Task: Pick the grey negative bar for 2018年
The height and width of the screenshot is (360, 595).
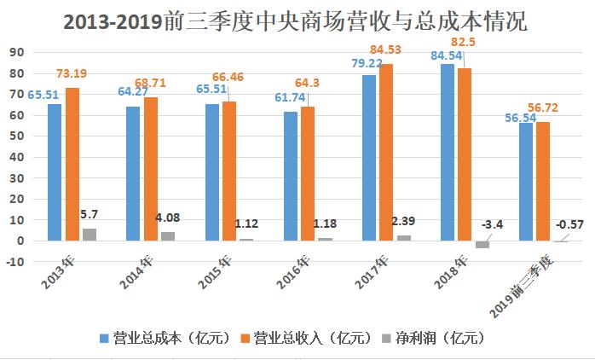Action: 482,244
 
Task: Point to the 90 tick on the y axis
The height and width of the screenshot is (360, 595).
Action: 16,52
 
